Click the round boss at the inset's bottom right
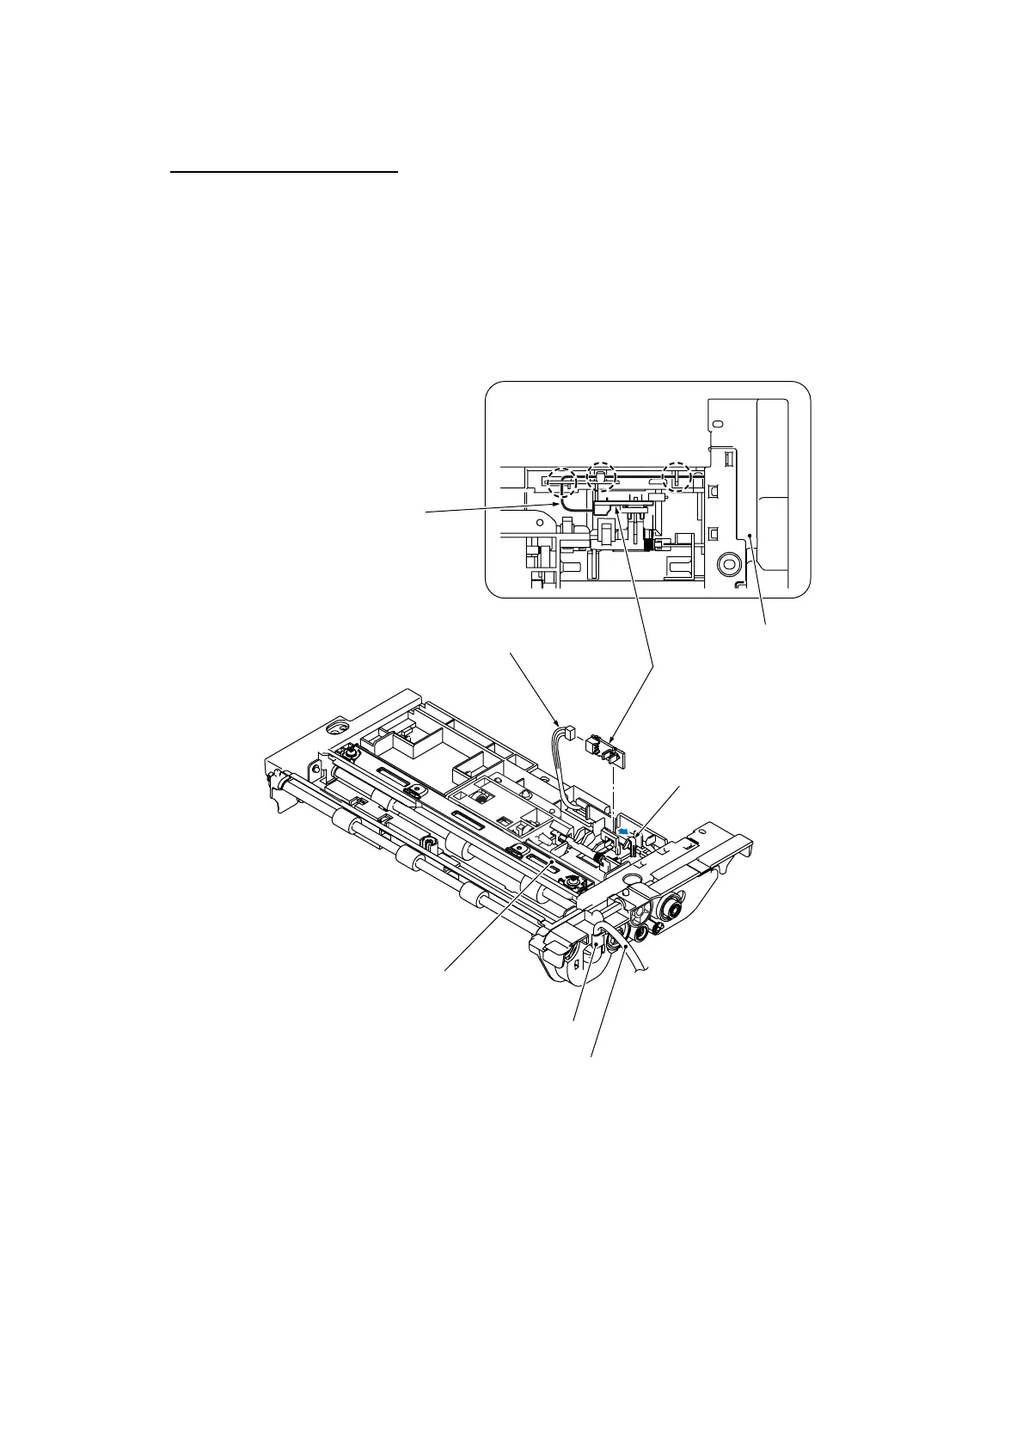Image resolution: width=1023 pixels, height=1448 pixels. click(x=729, y=565)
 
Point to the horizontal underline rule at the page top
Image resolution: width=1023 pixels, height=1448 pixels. click(x=285, y=172)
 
